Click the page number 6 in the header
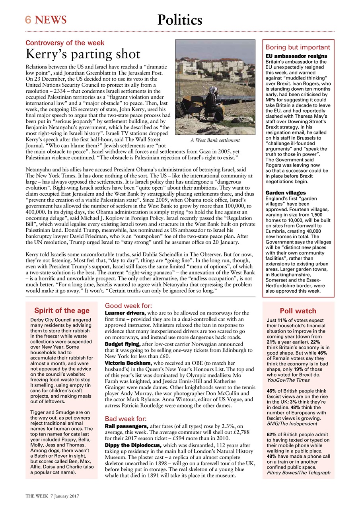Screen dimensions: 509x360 (28, 19)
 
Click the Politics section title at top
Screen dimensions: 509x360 (179, 19)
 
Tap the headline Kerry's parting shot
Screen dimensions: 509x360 (83, 54)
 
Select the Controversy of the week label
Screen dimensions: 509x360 (65, 43)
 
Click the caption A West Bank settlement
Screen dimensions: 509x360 (215, 140)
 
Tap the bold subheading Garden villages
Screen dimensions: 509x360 (286, 193)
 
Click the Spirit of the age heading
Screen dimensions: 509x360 (62, 311)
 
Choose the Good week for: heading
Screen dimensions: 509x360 (128, 306)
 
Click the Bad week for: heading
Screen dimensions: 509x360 (125, 419)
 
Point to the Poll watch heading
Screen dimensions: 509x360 (298, 311)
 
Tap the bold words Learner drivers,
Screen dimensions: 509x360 (125, 313)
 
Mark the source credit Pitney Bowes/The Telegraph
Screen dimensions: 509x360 (298, 473)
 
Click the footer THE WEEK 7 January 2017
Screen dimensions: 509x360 (52, 496)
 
